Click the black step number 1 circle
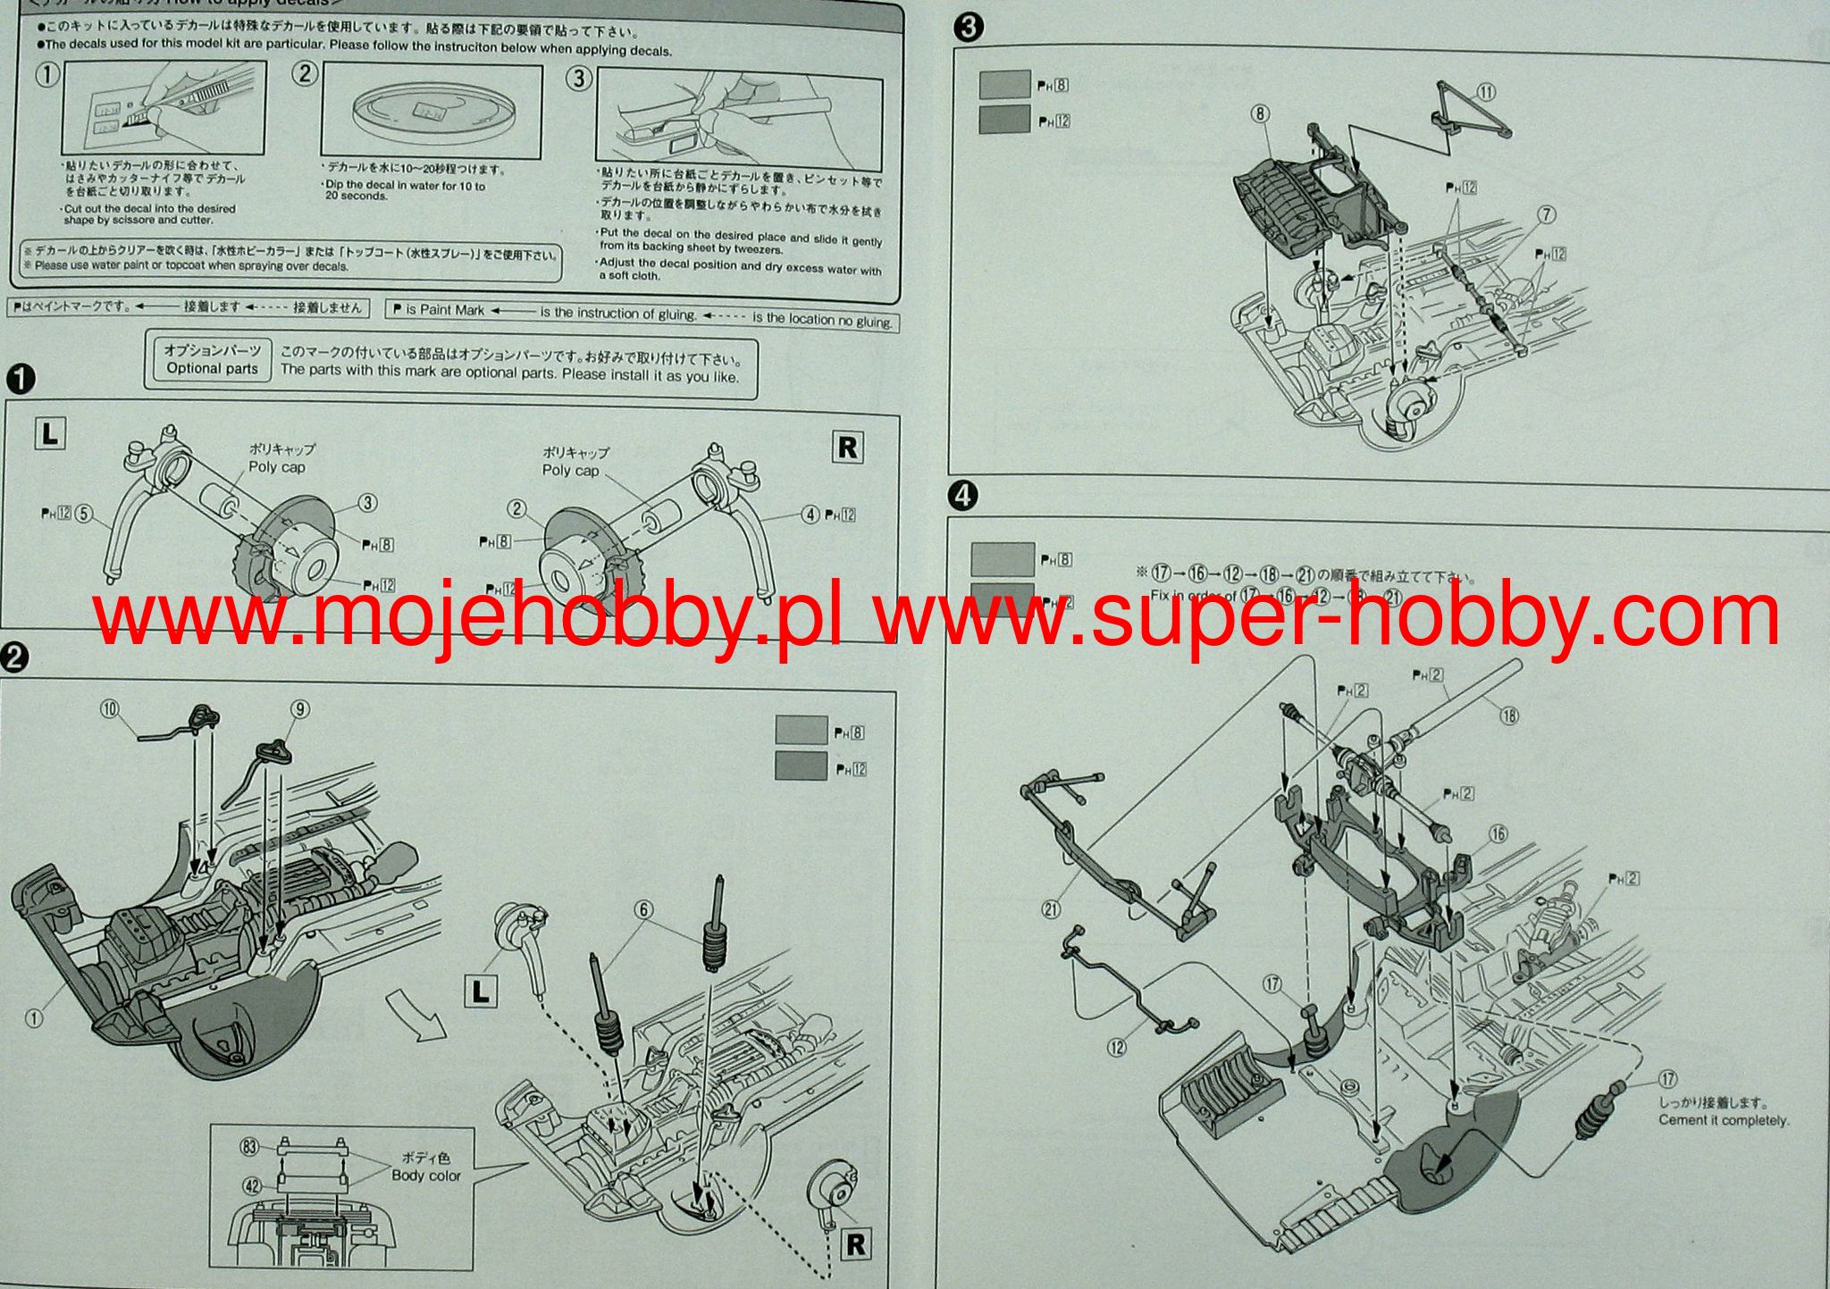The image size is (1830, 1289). (20, 380)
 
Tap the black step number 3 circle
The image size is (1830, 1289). (969, 28)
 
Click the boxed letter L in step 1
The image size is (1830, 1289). (50, 435)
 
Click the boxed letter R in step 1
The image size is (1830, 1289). (847, 447)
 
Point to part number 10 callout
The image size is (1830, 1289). (110, 709)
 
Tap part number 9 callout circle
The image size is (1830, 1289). (301, 709)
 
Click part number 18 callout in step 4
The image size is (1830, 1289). (1509, 715)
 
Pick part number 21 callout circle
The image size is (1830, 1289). (1051, 910)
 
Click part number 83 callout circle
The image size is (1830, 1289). (250, 1147)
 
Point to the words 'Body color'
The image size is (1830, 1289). (426, 1176)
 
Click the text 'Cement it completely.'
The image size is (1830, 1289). (1724, 1120)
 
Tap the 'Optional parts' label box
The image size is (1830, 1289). (212, 360)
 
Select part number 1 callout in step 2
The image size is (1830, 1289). (34, 1017)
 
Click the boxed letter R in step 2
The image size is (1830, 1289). (855, 1244)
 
